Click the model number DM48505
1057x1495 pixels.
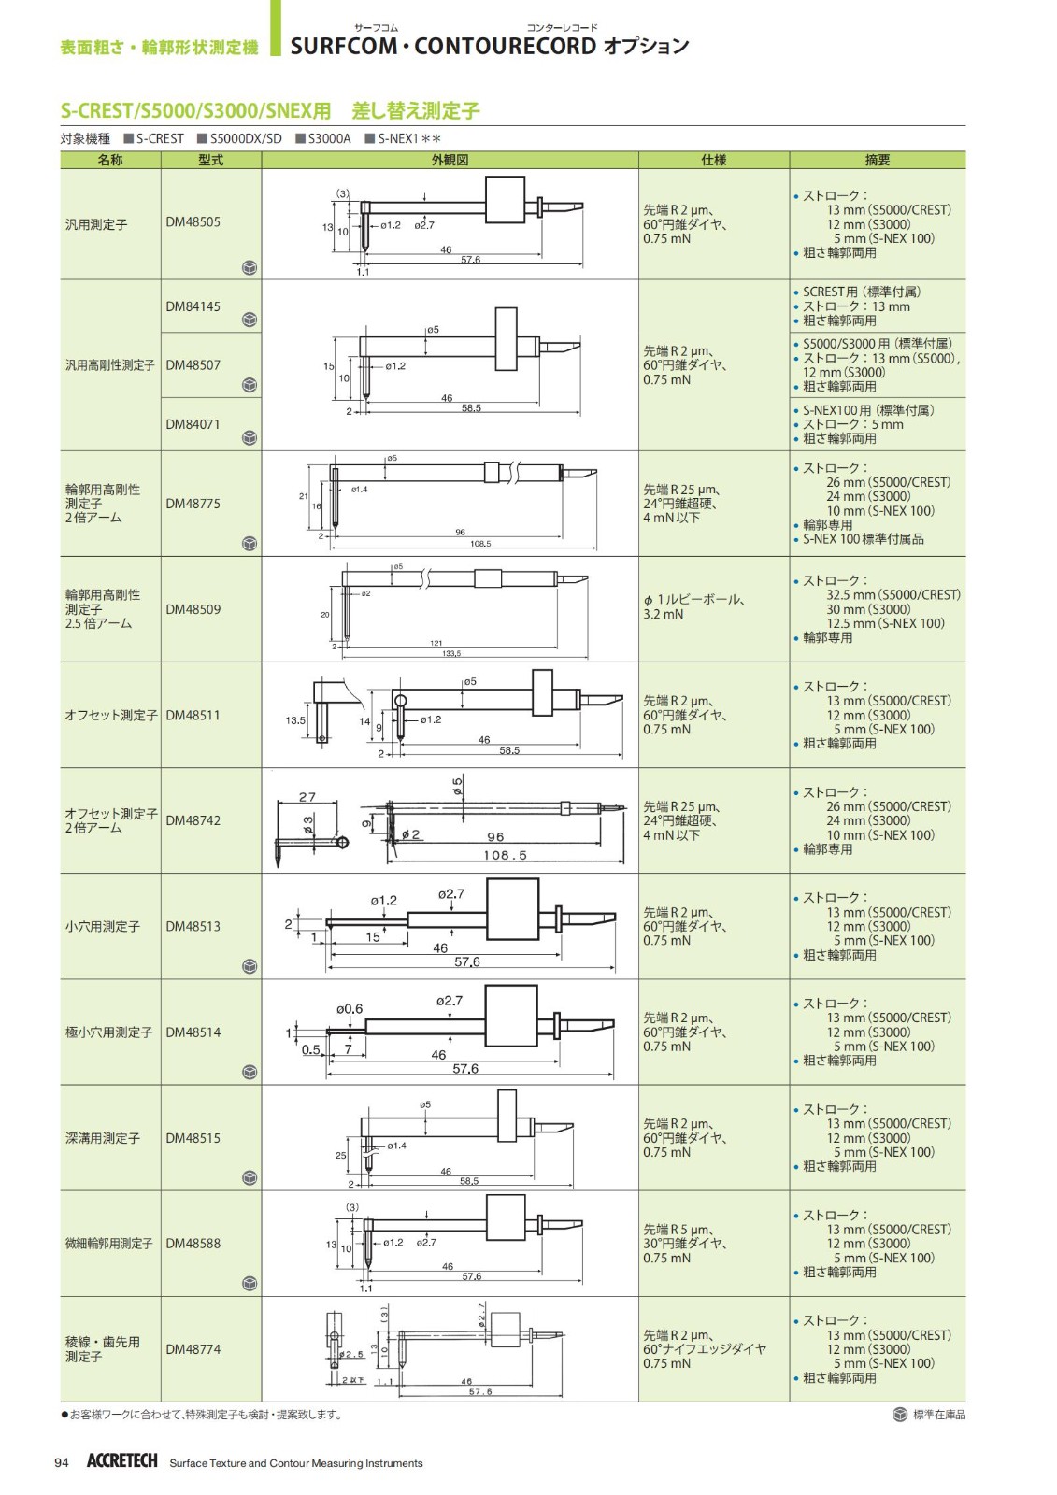(193, 222)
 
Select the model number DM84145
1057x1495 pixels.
(193, 306)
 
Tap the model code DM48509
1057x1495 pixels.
(193, 609)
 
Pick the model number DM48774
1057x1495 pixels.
(193, 1349)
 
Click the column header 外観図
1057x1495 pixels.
(450, 160)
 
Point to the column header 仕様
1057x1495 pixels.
(713, 160)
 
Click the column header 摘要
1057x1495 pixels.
(878, 160)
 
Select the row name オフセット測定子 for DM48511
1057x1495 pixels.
(111, 715)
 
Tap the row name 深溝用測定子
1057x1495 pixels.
(103, 1138)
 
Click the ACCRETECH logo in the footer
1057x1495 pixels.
(122, 1461)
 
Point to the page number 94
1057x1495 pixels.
(62, 1463)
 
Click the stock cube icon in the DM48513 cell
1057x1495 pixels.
(250, 966)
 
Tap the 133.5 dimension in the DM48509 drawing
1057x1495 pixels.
(451, 653)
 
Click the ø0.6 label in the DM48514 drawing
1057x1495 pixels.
(350, 1008)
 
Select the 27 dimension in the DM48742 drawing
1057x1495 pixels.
(307, 797)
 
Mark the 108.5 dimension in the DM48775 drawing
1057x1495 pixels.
(480, 544)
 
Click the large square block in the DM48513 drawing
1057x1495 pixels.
(513, 908)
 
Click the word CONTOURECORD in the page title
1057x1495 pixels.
(505, 46)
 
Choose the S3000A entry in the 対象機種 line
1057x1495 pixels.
(324, 139)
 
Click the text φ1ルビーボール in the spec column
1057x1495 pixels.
(693, 599)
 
